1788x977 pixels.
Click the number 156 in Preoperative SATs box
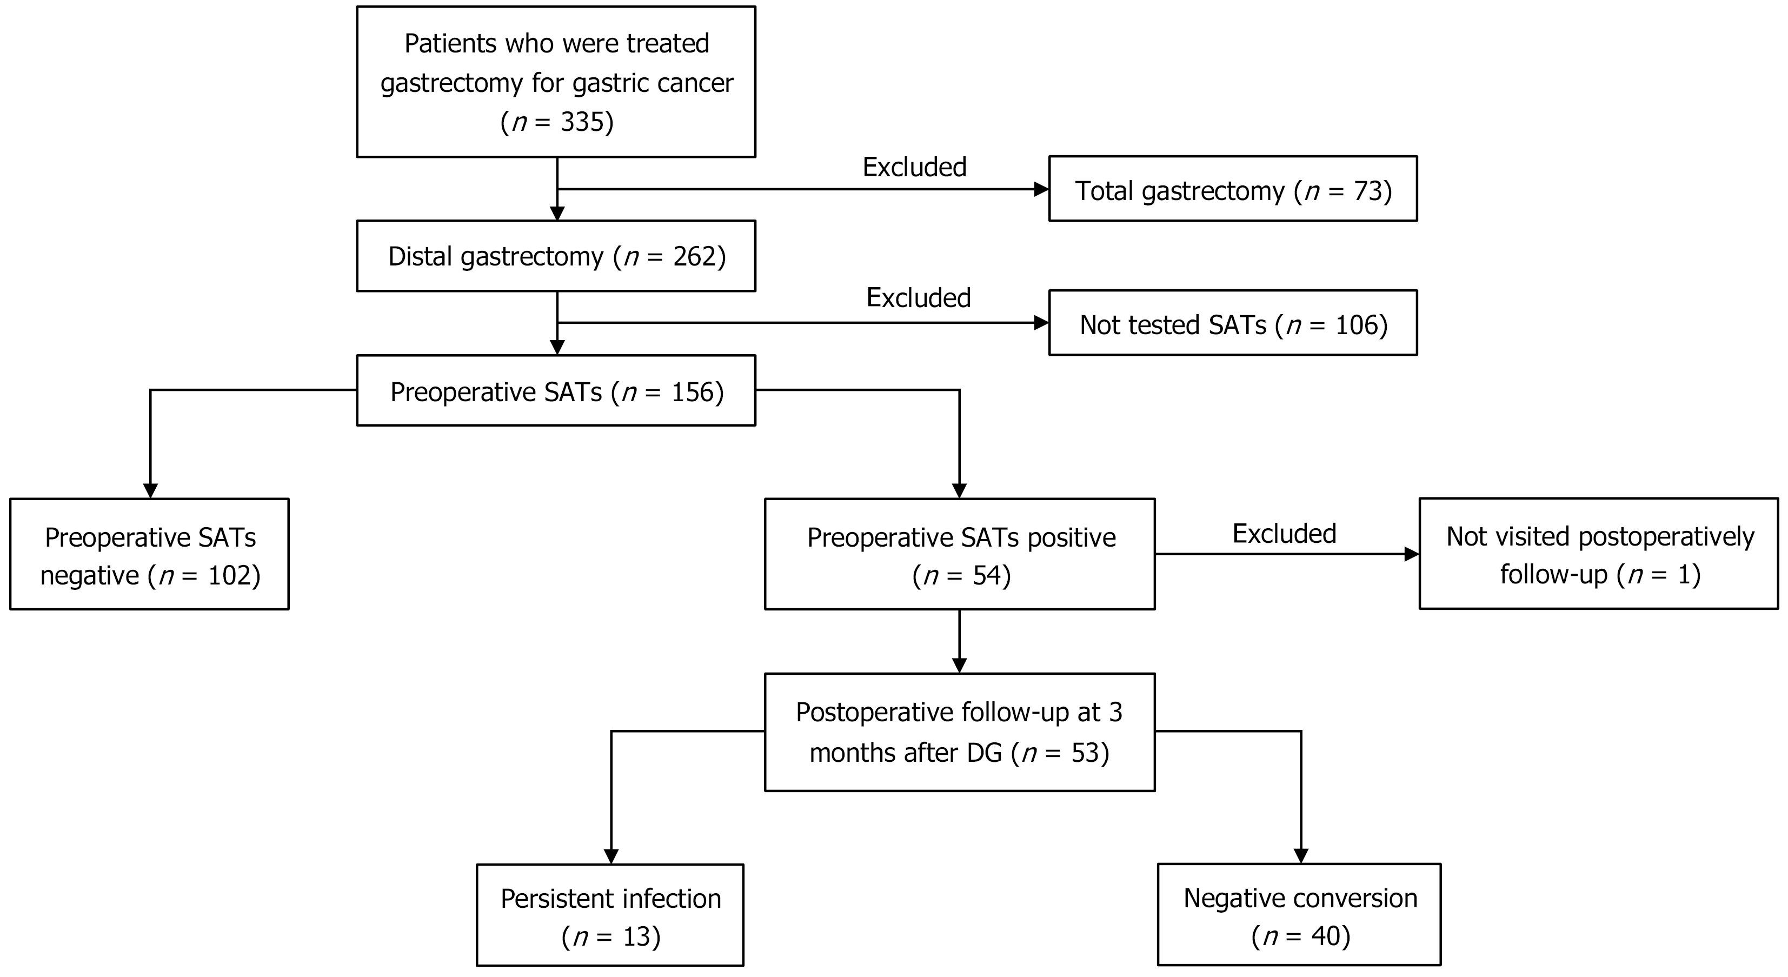click(693, 392)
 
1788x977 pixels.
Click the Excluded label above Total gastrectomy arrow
click(914, 167)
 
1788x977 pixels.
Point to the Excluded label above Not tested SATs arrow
click(918, 298)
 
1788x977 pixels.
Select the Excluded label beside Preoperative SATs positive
click(1284, 534)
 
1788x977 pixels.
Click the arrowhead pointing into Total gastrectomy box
click(1041, 189)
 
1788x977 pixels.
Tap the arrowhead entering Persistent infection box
click(611, 856)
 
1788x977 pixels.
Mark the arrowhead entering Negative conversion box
click(1301, 855)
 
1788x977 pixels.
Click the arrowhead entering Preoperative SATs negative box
click(150, 490)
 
